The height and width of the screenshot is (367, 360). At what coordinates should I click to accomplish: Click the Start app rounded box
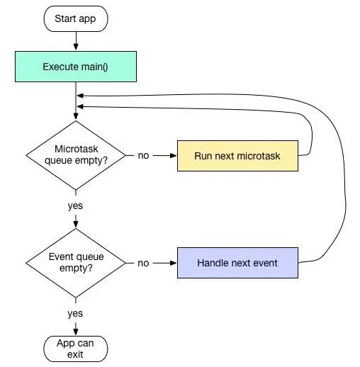[76, 19]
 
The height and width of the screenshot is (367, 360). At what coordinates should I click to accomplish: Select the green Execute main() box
[76, 67]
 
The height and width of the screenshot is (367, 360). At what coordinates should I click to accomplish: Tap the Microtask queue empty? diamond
[76, 155]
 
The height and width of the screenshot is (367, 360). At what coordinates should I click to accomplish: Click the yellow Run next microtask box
[237, 156]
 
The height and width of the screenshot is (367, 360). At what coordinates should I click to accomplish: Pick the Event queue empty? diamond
[76, 263]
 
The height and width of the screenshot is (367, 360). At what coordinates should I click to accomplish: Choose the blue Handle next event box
[237, 263]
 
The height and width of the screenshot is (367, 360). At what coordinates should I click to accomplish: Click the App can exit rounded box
[76, 349]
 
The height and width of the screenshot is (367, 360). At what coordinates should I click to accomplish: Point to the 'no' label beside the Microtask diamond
[143, 156]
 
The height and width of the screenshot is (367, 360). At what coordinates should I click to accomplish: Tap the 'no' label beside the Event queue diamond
[143, 263]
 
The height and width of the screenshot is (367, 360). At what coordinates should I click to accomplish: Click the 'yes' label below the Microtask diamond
[75, 206]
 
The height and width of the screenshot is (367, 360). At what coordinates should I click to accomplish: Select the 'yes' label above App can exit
[75, 314]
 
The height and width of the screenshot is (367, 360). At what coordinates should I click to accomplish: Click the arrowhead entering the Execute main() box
[76, 47]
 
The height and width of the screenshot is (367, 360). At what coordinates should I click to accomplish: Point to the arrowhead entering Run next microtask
[174, 156]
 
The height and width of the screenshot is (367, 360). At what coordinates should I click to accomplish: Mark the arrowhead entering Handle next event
[174, 263]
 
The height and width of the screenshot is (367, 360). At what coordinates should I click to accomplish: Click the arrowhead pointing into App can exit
[76, 332]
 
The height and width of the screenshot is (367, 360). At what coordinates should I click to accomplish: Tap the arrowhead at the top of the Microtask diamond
[76, 116]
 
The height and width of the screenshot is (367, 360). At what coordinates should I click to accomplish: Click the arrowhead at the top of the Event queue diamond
[76, 224]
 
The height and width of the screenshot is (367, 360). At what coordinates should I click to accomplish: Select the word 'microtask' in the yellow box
[259, 156]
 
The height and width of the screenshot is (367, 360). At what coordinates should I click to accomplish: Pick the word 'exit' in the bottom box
[75, 354]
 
